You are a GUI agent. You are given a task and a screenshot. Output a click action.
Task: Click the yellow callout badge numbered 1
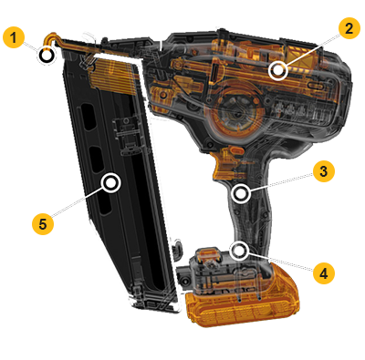coord(13,37)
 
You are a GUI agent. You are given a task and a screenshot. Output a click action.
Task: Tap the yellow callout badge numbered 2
coord(349,28)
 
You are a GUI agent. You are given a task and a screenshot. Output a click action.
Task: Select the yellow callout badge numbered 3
coord(324,171)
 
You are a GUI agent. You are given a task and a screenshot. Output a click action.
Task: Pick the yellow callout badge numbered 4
coord(324,273)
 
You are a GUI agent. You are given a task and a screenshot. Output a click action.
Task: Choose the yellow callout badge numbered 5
coord(43,224)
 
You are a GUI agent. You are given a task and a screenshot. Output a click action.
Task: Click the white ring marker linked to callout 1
coord(47,56)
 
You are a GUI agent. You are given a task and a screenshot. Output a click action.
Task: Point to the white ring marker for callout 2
coord(278,70)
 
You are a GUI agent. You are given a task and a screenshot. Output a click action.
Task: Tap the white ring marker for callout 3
coord(241,194)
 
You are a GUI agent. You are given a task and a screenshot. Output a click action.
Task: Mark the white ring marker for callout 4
coord(239,251)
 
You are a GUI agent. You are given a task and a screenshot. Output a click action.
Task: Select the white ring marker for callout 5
coord(111,183)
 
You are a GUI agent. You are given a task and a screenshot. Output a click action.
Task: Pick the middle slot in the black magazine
coord(97,160)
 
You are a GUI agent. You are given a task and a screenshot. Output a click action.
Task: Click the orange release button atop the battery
coord(208,253)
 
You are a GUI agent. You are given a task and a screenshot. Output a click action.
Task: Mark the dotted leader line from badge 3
coord(281,181)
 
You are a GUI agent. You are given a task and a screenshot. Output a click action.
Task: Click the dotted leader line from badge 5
coord(77,202)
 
